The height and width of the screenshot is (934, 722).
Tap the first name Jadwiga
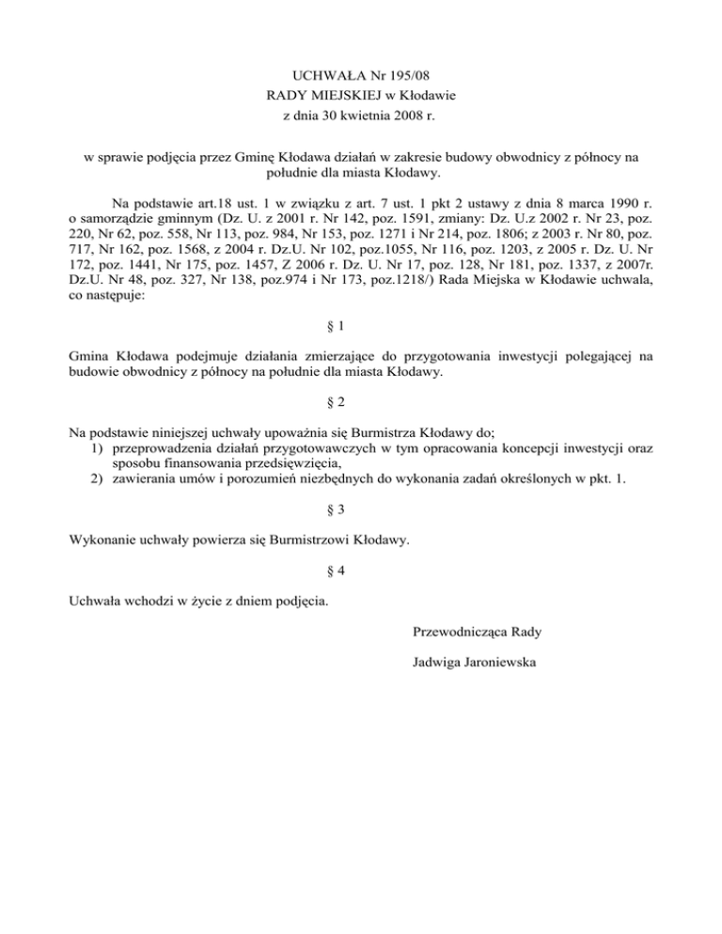tap(435, 663)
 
